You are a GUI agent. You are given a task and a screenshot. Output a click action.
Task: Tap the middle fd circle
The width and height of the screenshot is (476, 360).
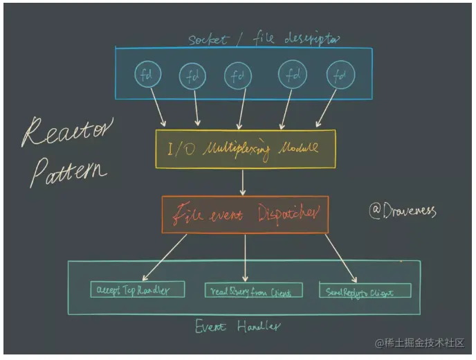pos(237,75)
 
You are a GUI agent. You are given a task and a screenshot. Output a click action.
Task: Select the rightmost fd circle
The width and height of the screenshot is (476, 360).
pos(340,75)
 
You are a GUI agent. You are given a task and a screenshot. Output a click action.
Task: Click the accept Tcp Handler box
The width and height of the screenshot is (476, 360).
pos(138,289)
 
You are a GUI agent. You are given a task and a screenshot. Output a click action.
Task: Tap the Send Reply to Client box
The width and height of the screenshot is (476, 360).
pos(365,291)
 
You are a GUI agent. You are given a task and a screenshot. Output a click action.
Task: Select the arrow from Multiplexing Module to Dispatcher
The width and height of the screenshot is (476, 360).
pos(244,181)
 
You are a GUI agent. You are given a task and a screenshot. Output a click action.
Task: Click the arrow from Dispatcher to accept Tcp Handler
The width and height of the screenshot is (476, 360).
pos(167,257)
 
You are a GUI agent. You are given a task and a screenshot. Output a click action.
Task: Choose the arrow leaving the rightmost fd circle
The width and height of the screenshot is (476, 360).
pos(327,109)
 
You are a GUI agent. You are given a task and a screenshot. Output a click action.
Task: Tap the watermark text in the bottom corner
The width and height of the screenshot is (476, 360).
pos(420,343)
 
